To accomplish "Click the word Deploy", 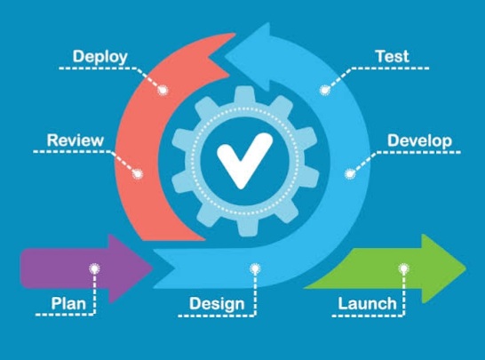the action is coord(99,57).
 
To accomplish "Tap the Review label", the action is coord(76,140).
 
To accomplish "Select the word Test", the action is coord(393,56).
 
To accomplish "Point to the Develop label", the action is coord(419,140).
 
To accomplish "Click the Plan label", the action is coord(68,303).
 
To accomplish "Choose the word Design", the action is coord(217,304).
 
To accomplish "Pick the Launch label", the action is coord(367,303).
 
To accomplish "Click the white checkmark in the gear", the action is coord(244,160).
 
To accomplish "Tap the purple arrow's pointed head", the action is coord(152,268).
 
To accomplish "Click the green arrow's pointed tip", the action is coord(465,268).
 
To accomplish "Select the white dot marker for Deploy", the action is coord(163,91).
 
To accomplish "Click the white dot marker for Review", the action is coord(138,174).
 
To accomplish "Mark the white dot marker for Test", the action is coord(324,91).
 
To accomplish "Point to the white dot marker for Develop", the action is coord(350,174).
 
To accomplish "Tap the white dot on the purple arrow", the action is coord(94,268).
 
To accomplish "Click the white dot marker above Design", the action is coord(255,268).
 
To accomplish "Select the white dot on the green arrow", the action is coord(403,268).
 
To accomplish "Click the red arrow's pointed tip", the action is coord(209,57).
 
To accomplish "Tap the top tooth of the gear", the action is coord(244,95).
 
